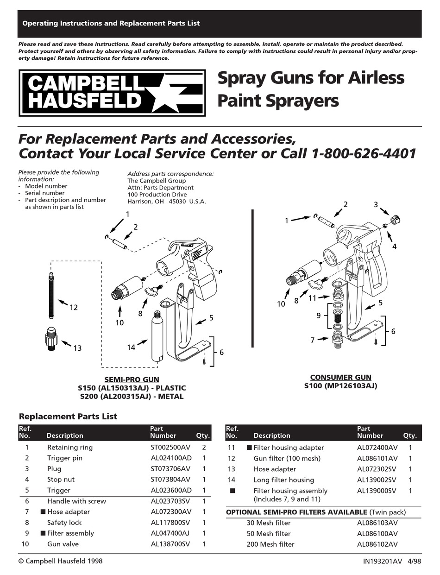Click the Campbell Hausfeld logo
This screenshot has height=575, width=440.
[112, 93]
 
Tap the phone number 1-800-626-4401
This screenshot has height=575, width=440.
[365, 153]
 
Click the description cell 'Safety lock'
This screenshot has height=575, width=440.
[64, 523]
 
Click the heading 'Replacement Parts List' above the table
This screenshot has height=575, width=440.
[68, 416]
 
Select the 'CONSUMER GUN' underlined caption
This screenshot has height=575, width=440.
[340, 377]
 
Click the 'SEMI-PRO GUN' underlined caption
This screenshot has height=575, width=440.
[132, 379]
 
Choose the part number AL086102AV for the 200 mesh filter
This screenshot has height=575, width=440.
[377, 544]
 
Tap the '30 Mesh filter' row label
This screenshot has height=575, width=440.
[269, 523]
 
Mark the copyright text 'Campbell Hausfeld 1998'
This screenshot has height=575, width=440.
[64, 561]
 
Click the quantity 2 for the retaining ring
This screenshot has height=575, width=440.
[204, 447]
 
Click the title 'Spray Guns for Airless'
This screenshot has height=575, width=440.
[311, 78]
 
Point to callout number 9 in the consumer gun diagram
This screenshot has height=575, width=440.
[319, 316]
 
